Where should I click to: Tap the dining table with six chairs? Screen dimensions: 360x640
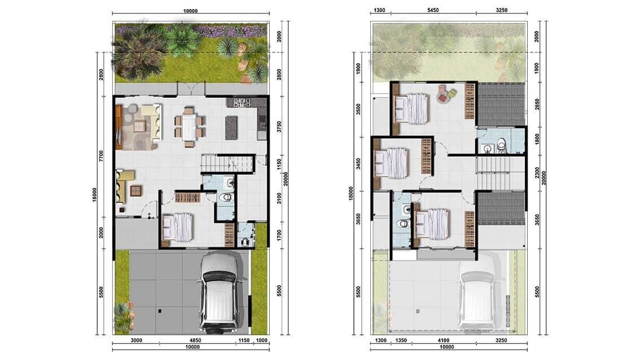(x=189, y=126)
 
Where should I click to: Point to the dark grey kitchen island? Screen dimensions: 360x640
(x=231, y=128)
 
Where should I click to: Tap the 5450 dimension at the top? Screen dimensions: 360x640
(x=433, y=10)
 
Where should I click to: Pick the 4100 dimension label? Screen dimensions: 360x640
(x=443, y=340)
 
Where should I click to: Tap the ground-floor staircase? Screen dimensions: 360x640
(x=226, y=164)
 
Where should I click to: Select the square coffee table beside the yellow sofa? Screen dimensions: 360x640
(x=137, y=190)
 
